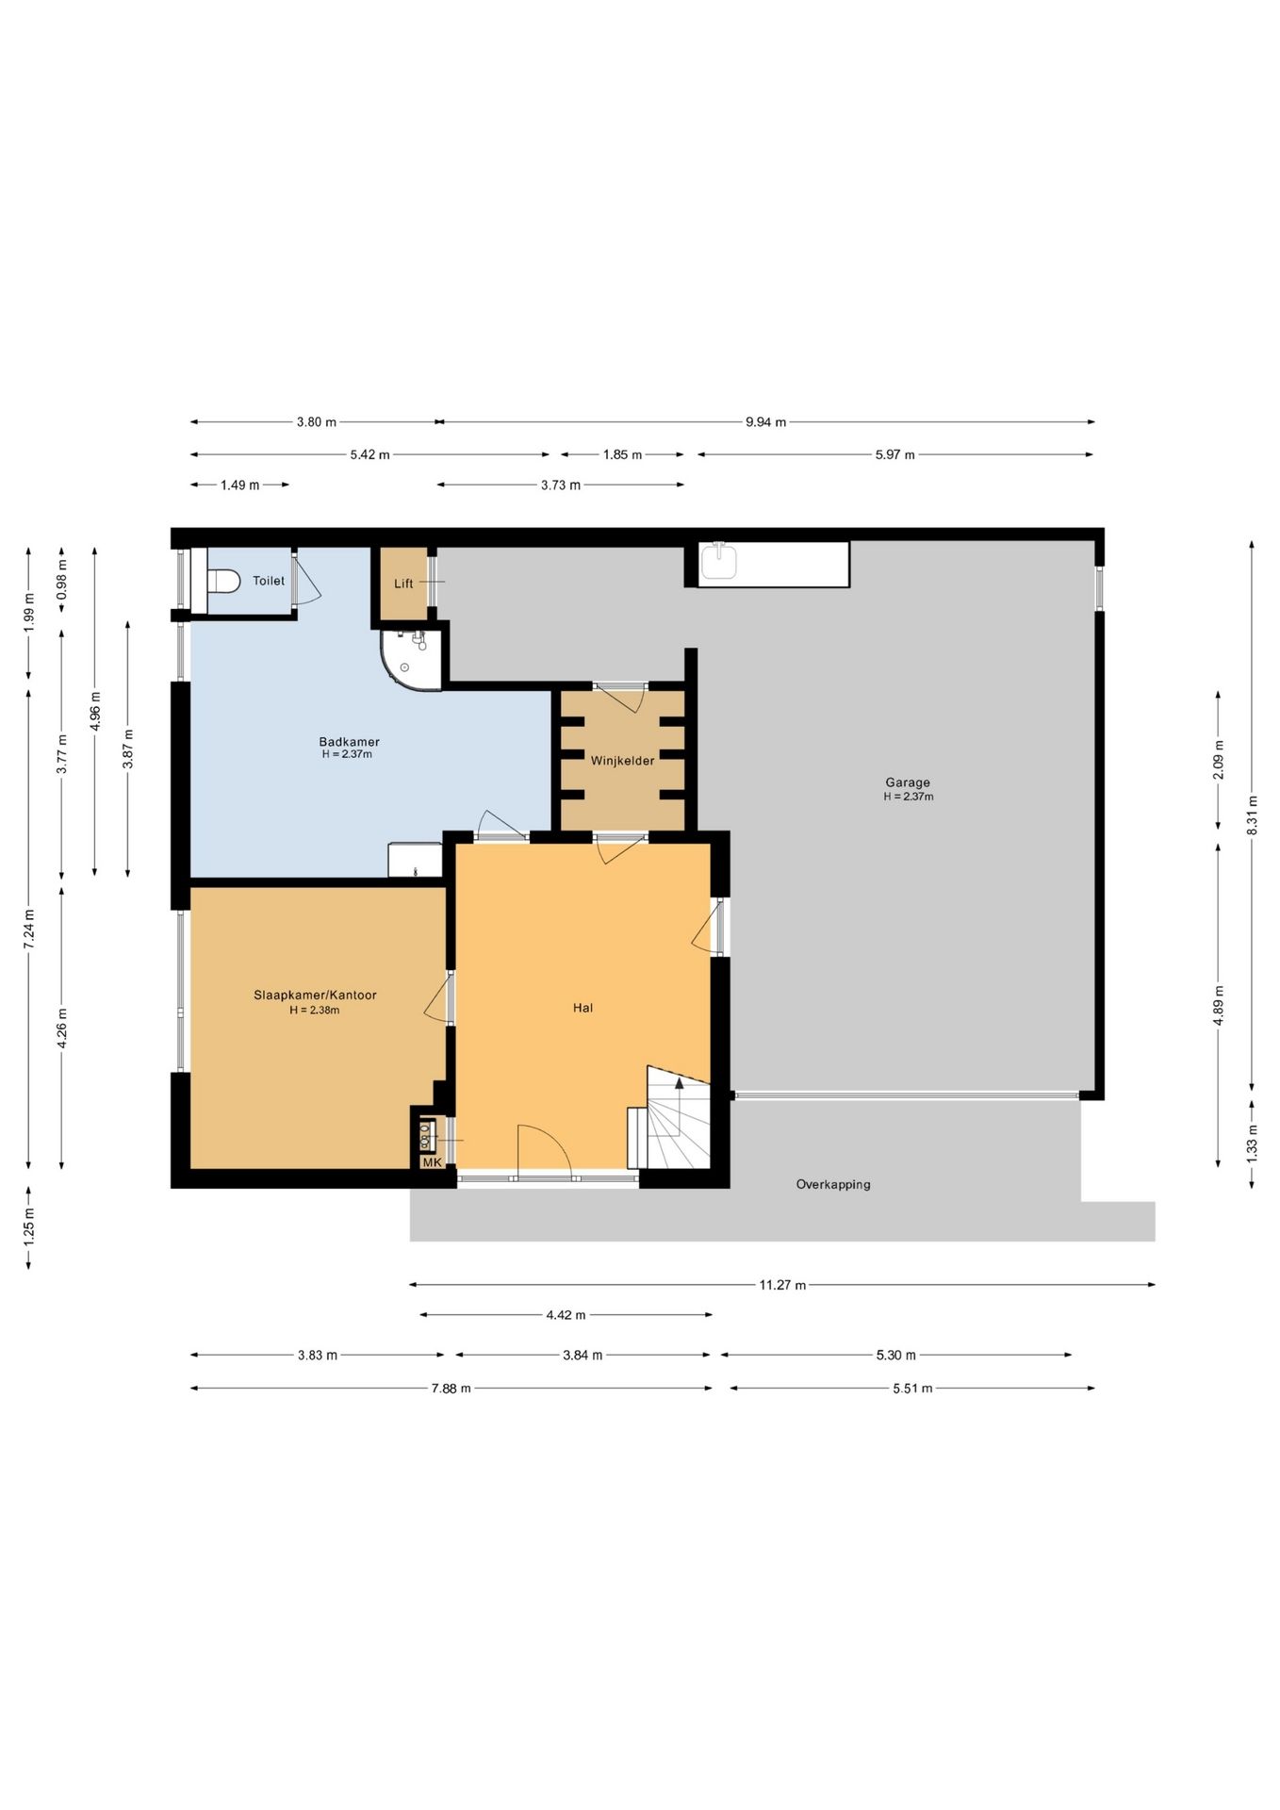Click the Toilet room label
click(269, 581)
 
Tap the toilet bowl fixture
click(222, 582)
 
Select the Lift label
click(403, 584)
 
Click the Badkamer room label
click(349, 742)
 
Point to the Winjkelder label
click(622, 761)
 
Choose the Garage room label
click(908, 782)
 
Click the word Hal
click(583, 1008)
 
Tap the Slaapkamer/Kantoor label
click(315, 995)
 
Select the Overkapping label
click(833, 1184)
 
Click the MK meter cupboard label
click(432, 1162)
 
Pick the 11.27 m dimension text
click(782, 1285)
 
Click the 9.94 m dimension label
click(765, 422)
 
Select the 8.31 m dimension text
click(1252, 817)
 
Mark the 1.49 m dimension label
click(239, 485)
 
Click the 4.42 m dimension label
click(566, 1315)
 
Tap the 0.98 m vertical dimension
click(62, 587)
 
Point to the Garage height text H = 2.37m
click(909, 797)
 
